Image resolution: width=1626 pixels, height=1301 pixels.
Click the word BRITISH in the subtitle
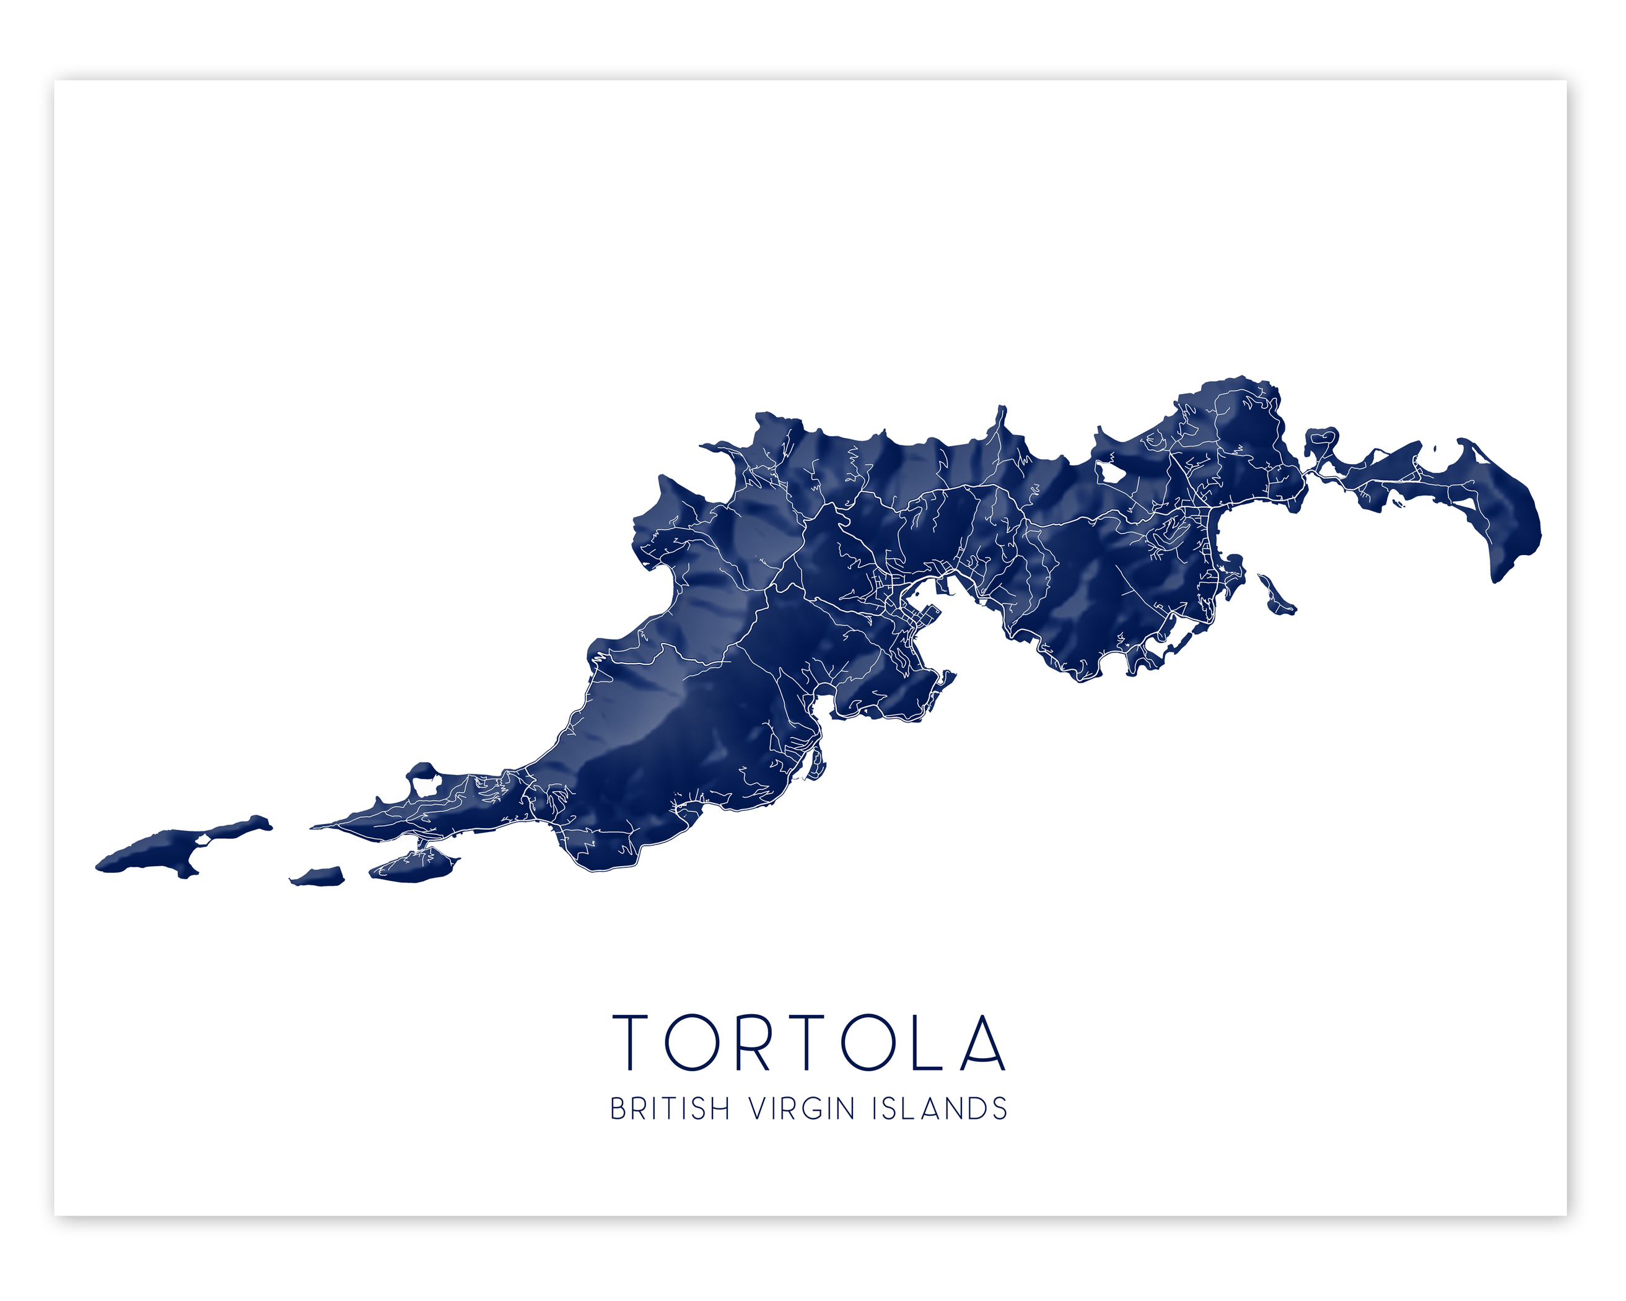(670, 1110)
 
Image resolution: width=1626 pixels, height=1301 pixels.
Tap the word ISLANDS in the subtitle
(940, 1110)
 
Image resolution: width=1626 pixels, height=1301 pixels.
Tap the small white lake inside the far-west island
(202, 838)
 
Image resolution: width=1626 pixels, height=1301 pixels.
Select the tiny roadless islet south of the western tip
(318, 877)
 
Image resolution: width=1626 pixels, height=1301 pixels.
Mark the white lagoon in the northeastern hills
(1110, 474)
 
